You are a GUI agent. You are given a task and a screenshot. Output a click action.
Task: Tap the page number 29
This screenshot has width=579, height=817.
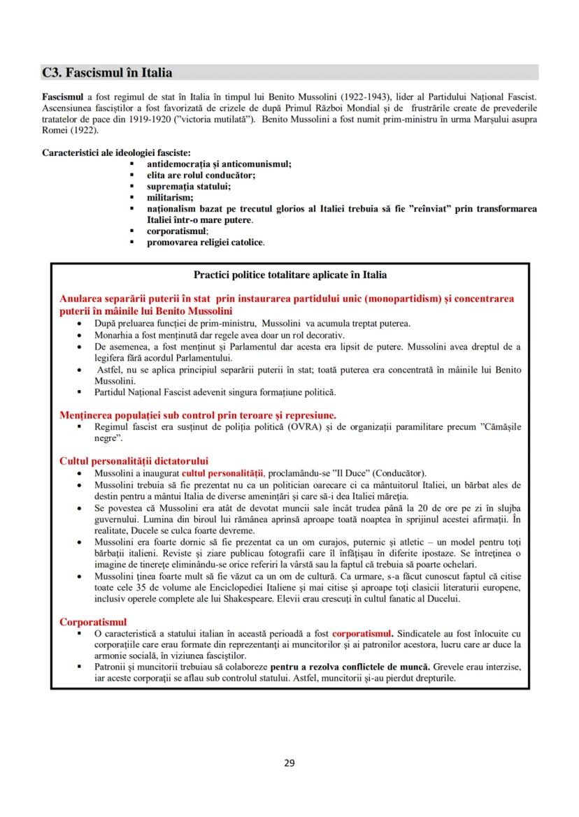(289, 762)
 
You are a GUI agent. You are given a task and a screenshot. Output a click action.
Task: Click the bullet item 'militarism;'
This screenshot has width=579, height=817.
(170, 198)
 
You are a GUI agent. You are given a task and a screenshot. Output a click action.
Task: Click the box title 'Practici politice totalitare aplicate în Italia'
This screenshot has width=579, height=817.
(289, 275)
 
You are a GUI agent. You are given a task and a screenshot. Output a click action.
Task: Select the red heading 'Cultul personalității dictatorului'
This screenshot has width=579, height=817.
(134, 461)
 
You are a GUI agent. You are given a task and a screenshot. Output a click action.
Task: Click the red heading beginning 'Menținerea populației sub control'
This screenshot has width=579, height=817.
(197, 414)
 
